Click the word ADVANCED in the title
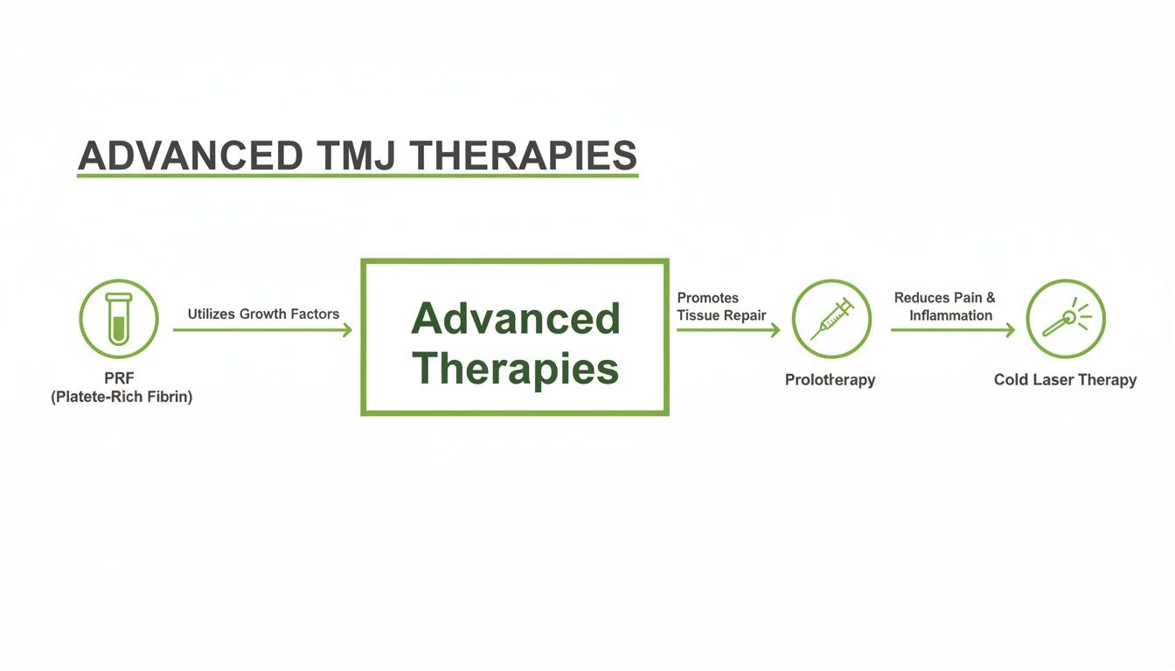(191, 156)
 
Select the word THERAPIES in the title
(524, 156)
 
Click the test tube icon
(118, 319)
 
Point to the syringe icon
(831, 319)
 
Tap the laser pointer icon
(1066, 319)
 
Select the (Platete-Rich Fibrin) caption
(121, 397)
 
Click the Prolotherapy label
(830, 380)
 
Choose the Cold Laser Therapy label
(1065, 380)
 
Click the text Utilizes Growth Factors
(263, 314)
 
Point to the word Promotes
(707, 298)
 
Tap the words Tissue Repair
(721, 315)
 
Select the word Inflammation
(950, 315)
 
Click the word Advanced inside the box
(515, 319)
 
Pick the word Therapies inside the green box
(515, 369)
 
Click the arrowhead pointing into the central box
(348, 330)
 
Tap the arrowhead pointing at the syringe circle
(775, 330)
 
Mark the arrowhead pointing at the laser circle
(1011, 330)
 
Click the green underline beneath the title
(358, 176)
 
